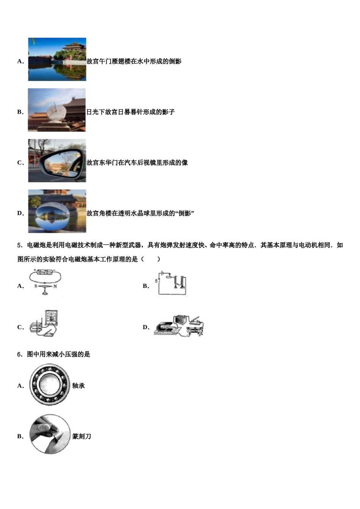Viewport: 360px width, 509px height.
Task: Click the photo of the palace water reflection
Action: point(57,59)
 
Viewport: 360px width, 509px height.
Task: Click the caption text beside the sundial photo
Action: point(130,112)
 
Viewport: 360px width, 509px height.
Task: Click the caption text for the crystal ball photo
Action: point(140,213)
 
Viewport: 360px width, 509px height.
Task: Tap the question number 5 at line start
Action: point(19,245)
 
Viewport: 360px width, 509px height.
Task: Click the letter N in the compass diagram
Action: point(55,286)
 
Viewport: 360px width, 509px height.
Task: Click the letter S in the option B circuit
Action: point(156,281)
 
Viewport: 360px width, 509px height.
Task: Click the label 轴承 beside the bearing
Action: point(78,386)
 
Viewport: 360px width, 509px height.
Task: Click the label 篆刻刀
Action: point(82,436)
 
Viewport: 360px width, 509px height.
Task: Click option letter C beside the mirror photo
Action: point(20,163)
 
